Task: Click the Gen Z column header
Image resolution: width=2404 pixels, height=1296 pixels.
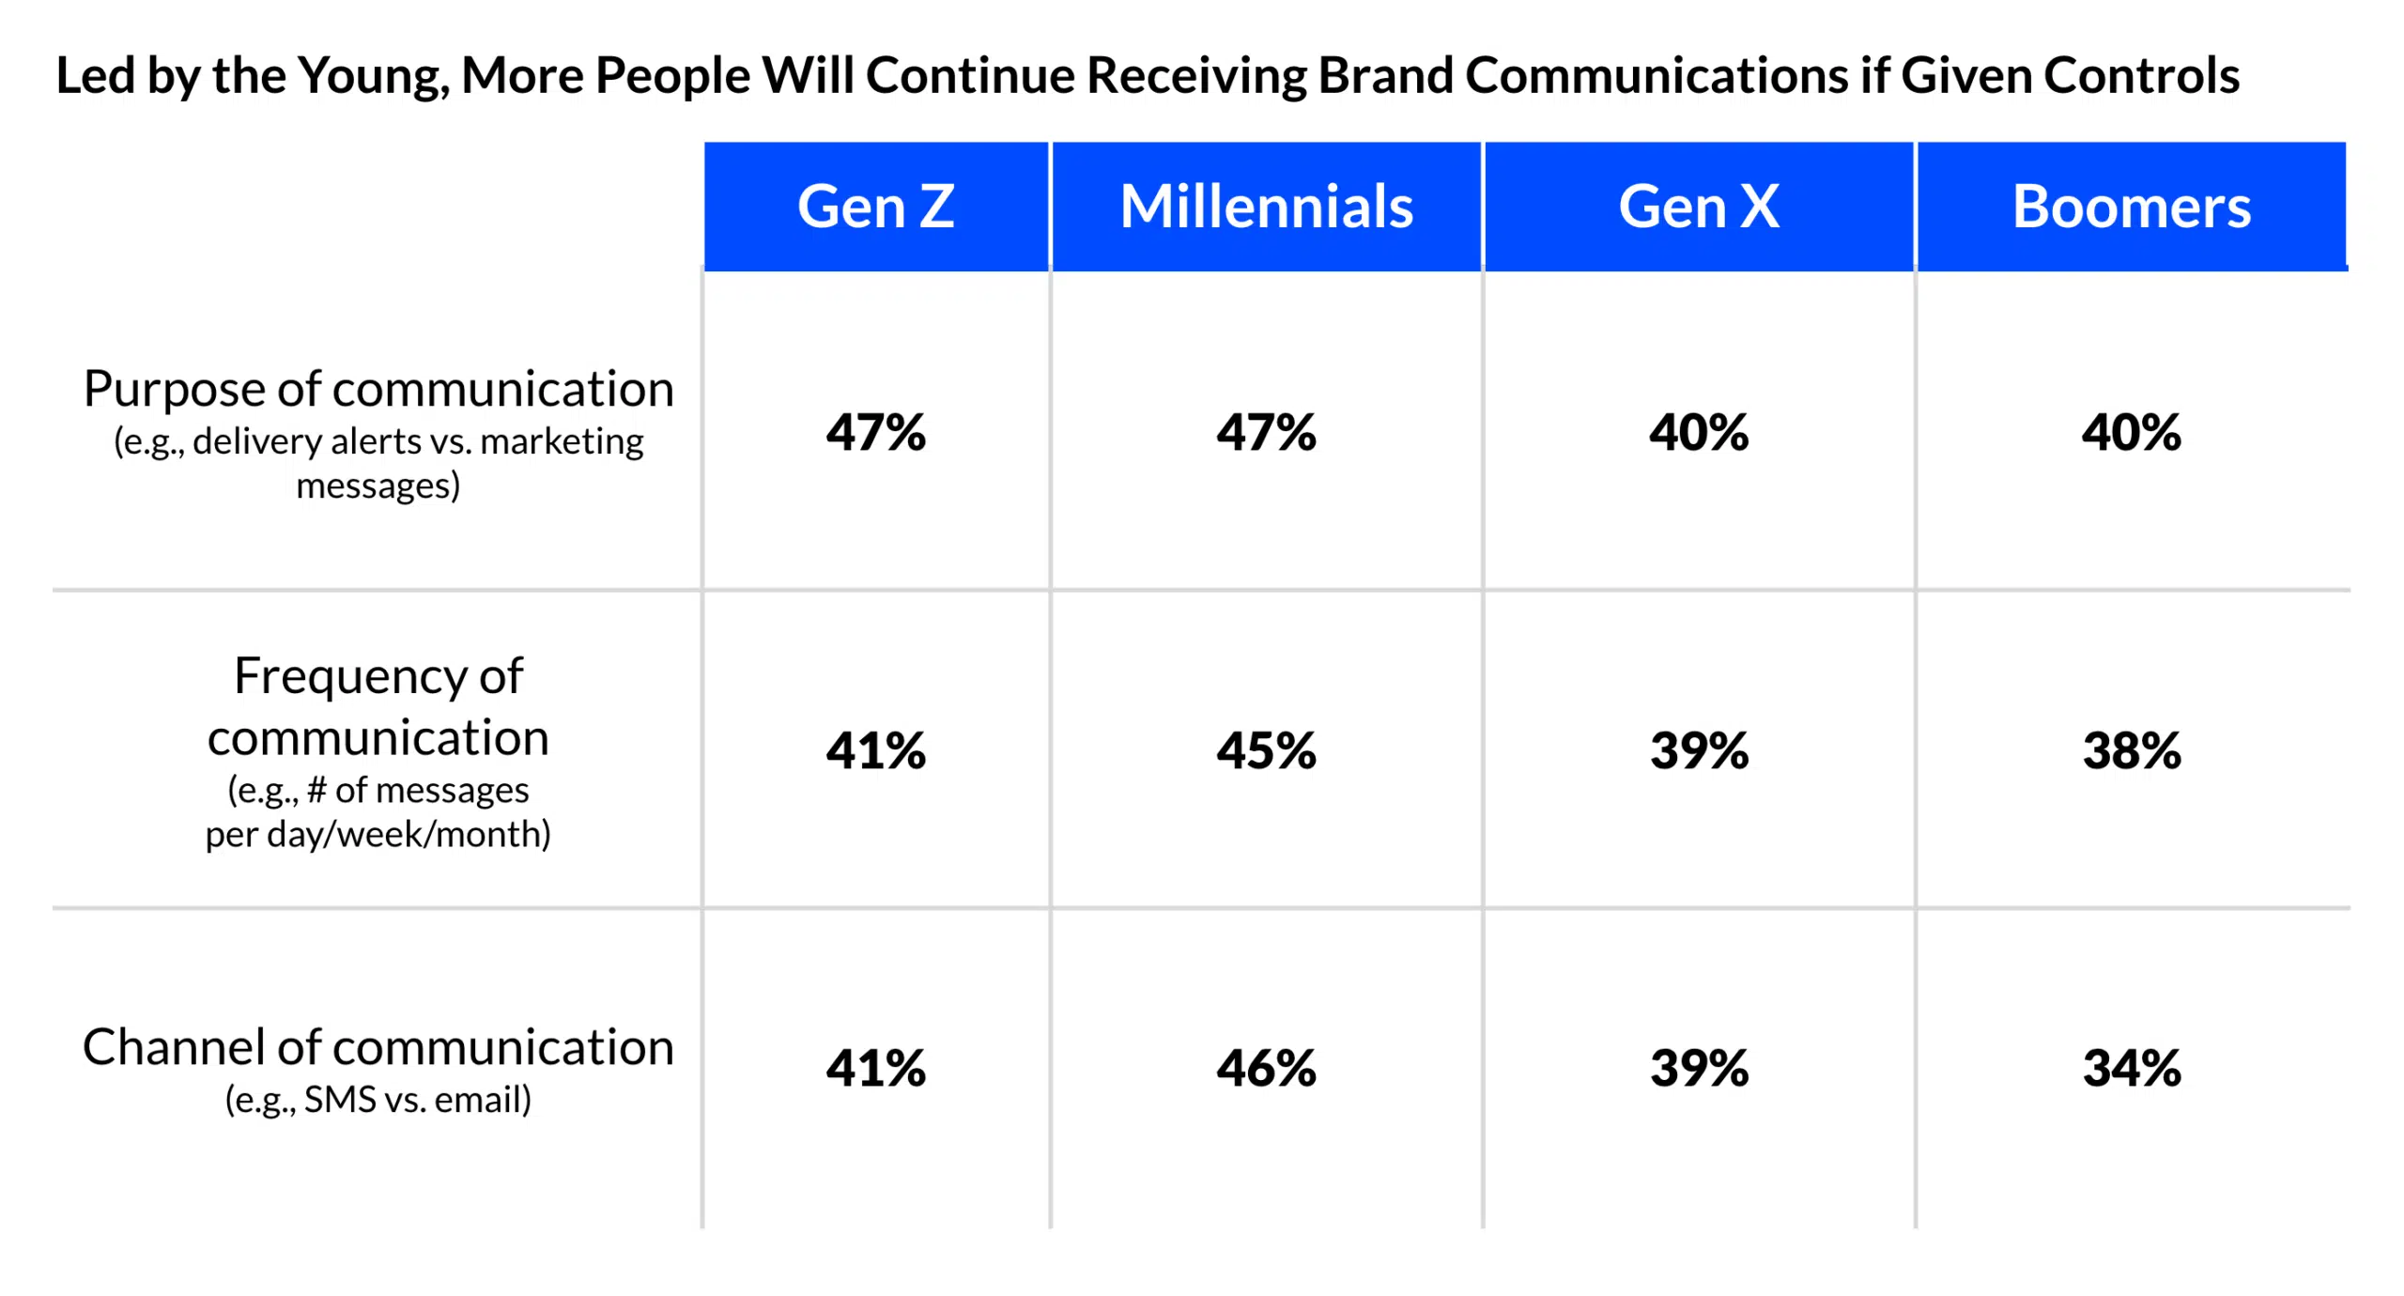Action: tap(875, 207)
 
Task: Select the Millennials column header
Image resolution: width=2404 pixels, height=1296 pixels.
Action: tap(1266, 207)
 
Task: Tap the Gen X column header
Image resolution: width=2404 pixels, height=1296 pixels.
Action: tap(1698, 207)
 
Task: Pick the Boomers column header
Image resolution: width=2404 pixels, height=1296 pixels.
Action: tap(2131, 207)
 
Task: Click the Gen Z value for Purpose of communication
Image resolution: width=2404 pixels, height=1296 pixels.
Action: tap(875, 432)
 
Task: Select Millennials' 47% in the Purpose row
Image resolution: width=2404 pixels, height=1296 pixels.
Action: tap(1266, 432)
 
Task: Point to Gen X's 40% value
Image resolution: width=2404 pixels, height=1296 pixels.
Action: tap(1698, 432)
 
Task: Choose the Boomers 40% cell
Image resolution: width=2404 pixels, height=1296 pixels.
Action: tap(2131, 432)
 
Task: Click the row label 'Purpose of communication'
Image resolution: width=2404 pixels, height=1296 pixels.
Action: tap(378, 389)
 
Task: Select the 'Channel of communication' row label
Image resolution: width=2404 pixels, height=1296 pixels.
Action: tap(378, 1046)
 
